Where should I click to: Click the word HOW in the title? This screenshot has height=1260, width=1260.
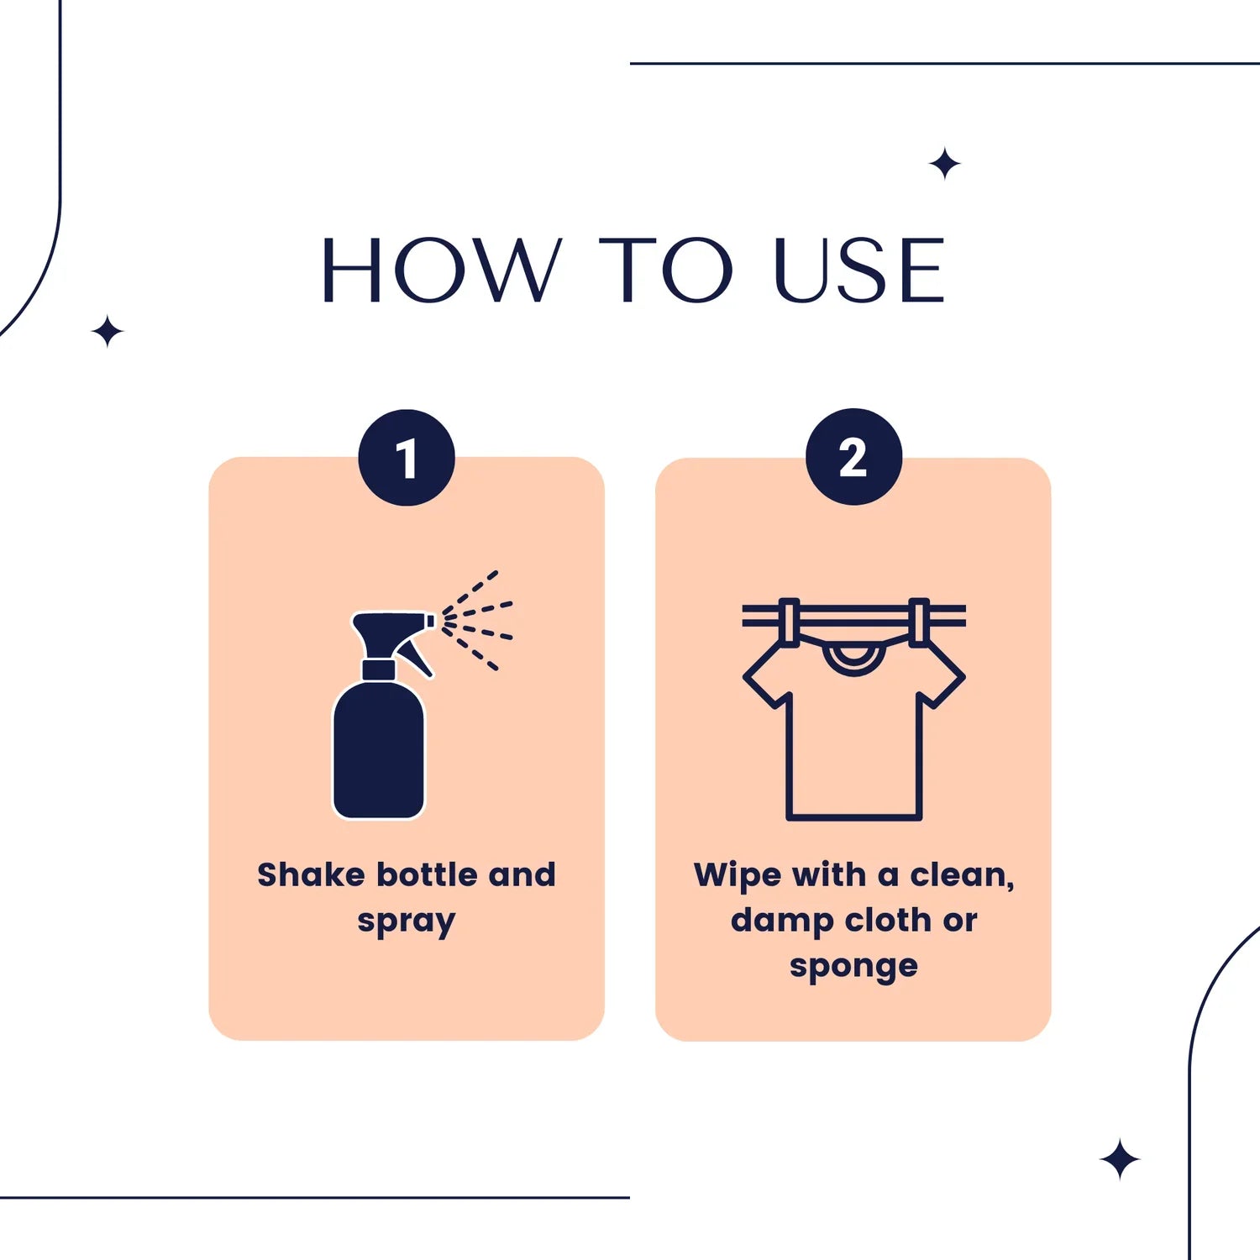[x=440, y=270]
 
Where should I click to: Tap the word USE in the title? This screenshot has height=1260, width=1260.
[x=858, y=270]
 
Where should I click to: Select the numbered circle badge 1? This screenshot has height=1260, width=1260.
[x=407, y=458]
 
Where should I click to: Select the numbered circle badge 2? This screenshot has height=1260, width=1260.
[x=853, y=458]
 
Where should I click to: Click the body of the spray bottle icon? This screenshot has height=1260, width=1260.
[x=379, y=752]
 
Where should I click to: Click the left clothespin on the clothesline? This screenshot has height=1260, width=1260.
[x=788, y=622]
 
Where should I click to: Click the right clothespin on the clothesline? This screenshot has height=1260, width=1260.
[x=920, y=622]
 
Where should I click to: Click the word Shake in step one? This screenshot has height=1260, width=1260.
[x=311, y=875]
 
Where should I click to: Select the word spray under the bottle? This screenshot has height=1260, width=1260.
[x=407, y=922]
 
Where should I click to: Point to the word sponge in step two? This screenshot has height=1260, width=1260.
[x=853, y=968]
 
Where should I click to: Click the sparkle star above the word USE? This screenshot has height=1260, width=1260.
[x=945, y=163]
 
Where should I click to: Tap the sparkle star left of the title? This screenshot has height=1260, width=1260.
[x=108, y=332]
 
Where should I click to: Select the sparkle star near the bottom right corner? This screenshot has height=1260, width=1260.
[x=1120, y=1160]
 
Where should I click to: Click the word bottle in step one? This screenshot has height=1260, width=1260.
[x=428, y=875]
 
